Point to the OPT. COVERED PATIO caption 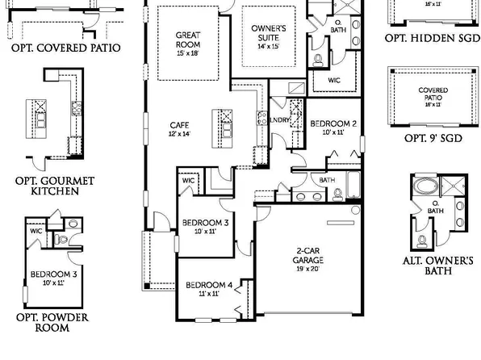click(x=66, y=48)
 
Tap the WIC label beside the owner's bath click(x=334, y=81)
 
